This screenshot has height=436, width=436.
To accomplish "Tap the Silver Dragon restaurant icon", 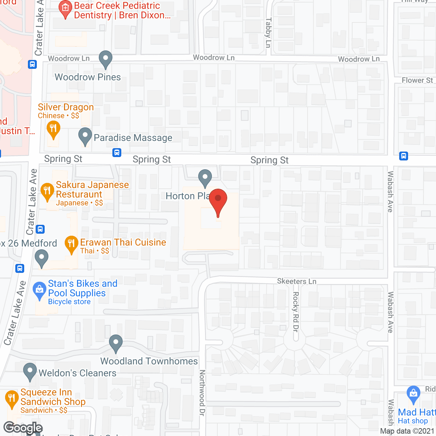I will click(53, 129).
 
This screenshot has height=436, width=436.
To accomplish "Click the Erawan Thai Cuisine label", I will click(123, 243).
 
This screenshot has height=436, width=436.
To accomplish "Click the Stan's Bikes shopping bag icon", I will click(40, 290).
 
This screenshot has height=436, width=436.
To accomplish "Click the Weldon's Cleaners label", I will click(77, 373).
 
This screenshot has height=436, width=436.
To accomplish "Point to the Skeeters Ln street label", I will click(296, 281).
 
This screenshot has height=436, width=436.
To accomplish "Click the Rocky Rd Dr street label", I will click(296, 311).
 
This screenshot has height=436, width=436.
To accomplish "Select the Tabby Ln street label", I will click(268, 33).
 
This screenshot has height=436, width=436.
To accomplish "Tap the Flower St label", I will click(417, 80).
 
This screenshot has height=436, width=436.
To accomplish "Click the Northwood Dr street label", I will click(202, 392).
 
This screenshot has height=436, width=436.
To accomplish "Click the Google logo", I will click(23, 428).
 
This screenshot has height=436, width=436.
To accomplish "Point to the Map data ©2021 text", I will click(407, 431).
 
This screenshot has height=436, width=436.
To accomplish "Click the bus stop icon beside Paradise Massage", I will click(117, 153).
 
